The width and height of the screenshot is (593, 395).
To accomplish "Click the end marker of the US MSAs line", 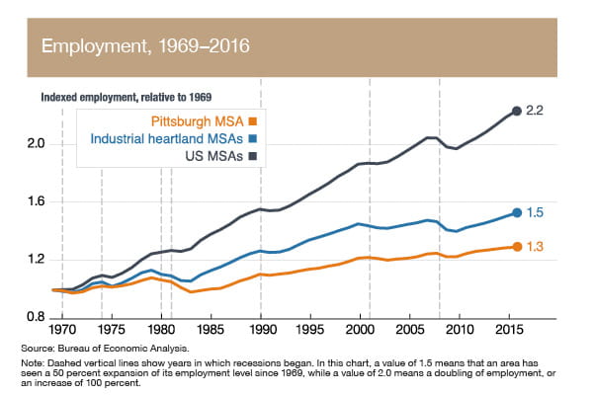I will click(x=516, y=111).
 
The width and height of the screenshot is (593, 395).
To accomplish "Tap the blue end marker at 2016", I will click(x=516, y=212).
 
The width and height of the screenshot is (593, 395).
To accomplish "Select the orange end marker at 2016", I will click(x=516, y=246).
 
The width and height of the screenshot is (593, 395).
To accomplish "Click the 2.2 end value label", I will click(x=535, y=111).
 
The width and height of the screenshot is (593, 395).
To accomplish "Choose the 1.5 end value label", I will click(x=535, y=212).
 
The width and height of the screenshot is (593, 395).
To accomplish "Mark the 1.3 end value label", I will click(x=535, y=246).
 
